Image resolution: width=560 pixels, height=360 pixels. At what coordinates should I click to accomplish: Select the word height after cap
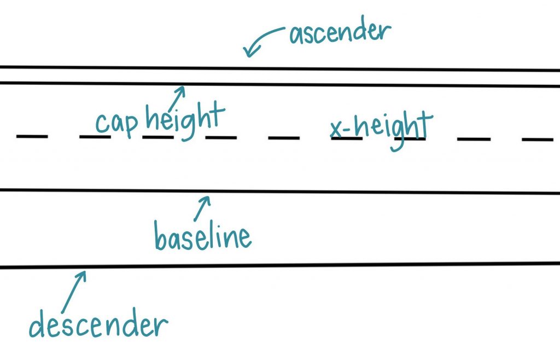[x=185, y=120]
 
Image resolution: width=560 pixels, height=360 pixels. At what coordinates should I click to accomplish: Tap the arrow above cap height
[x=177, y=98]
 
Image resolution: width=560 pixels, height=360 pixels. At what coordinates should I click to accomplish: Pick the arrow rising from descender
[x=74, y=292]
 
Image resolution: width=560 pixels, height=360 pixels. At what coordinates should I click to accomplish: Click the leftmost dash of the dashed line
[x=32, y=136]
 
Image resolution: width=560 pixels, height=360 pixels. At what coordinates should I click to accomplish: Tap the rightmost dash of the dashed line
[x=538, y=140]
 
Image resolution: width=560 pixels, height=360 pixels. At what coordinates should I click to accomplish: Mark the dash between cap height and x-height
[x=284, y=138]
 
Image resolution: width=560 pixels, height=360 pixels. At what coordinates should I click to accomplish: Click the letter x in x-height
[x=336, y=129]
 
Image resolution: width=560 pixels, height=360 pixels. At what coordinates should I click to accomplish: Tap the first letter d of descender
[x=37, y=324]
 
